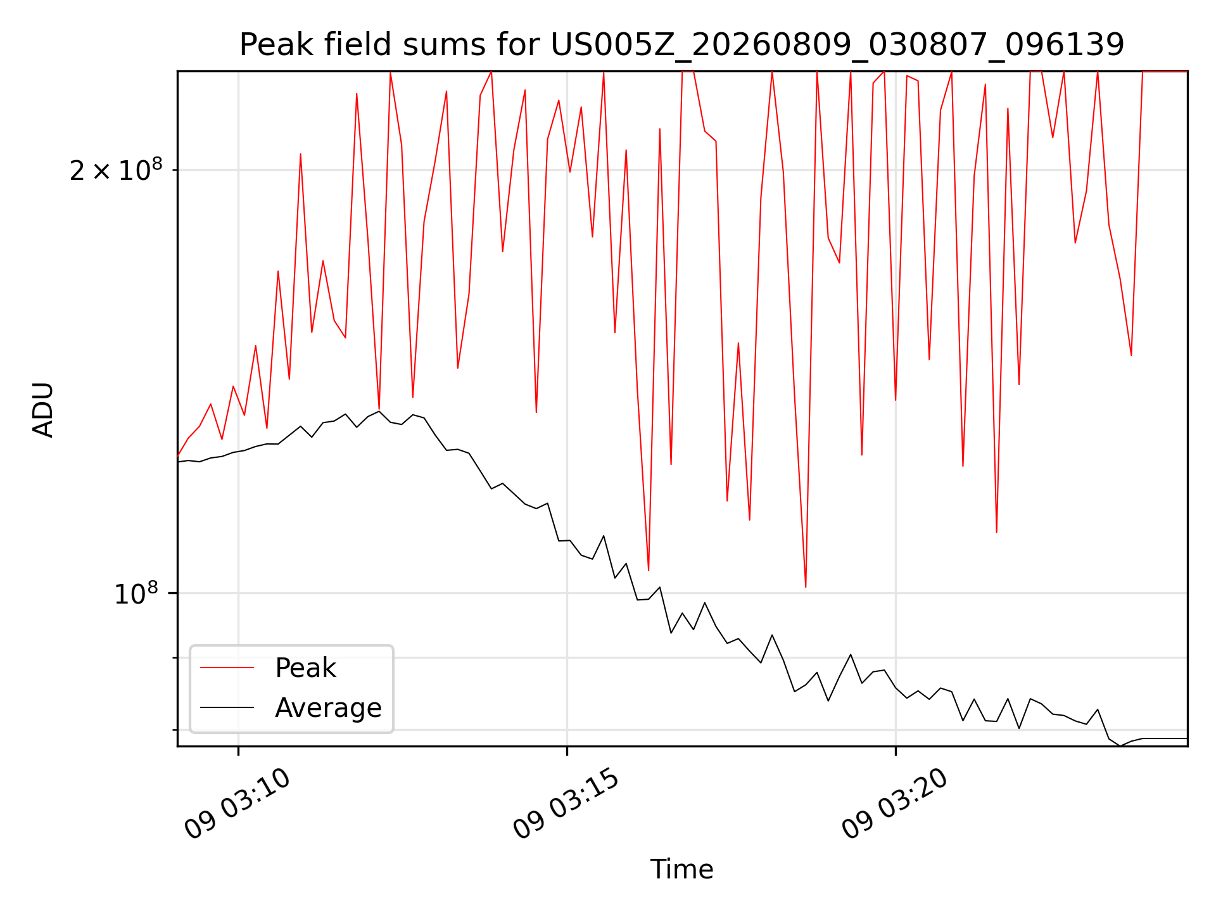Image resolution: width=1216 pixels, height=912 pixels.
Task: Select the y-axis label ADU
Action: [x=43, y=409]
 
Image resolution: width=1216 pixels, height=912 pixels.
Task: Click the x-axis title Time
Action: [x=682, y=869]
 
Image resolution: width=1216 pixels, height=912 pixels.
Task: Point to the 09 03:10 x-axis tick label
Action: [x=238, y=804]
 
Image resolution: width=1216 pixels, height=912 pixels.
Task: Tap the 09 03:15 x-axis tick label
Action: [x=567, y=804]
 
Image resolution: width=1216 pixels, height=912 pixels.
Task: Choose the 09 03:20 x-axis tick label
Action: [x=896, y=804]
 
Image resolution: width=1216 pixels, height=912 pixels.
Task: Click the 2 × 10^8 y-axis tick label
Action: [x=116, y=170]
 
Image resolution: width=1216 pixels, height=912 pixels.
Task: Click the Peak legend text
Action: [x=305, y=668]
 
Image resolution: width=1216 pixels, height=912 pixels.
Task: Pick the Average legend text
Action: [x=328, y=708]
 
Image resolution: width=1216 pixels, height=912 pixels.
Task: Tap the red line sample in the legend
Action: [x=227, y=668]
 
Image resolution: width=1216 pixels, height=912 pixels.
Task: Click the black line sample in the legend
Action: [x=227, y=707]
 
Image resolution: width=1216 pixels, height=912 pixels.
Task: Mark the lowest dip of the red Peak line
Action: [x=806, y=587]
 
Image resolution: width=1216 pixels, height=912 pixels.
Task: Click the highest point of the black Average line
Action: [x=379, y=411]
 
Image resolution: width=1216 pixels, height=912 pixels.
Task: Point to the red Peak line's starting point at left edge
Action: [x=178, y=455]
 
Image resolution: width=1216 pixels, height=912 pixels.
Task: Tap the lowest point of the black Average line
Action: [x=1120, y=746]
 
